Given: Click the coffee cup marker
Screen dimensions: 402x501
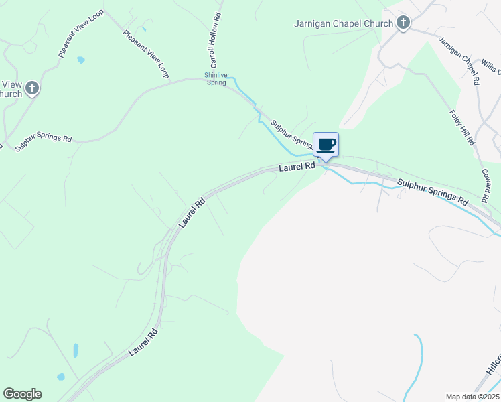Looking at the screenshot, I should [326, 145].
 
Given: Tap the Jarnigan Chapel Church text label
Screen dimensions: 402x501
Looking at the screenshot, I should [344, 23].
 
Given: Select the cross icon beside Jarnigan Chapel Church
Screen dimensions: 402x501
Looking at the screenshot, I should [403, 23].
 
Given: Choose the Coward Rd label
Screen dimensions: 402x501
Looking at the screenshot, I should [485, 184].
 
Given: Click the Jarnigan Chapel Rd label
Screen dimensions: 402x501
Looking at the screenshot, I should [459, 60].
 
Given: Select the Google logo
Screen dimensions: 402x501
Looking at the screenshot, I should [22, 394].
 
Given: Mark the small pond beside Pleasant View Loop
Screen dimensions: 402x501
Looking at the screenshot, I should [81, 60].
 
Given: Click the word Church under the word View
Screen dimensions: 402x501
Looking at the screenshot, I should [9, 94].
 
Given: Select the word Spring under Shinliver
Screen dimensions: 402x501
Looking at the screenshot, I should [216, 82].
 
